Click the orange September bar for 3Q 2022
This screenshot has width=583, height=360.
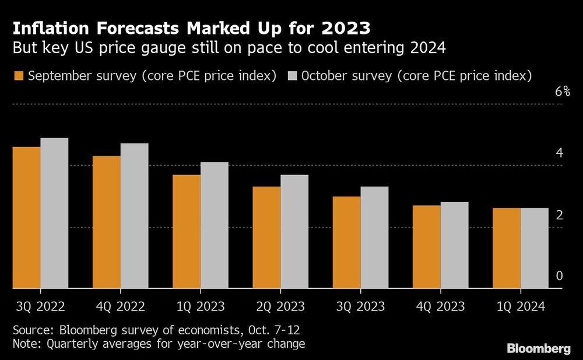point(26,217)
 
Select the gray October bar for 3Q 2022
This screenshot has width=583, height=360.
point(54,213)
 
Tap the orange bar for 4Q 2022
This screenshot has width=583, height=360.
point(107,222)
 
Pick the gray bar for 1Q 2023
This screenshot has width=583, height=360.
point(215,225)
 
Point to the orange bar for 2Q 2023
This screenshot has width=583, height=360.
point(266,237)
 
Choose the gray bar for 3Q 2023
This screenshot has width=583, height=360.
point(374,237)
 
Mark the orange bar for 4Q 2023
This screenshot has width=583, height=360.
point(426,247)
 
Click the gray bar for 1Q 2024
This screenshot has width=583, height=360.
point(534,248)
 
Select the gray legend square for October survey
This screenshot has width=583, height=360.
point(293,76)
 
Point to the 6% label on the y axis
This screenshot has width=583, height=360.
point(562,92)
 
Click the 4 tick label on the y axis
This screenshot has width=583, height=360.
point(559,153)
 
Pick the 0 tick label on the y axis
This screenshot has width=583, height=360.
point(559,276)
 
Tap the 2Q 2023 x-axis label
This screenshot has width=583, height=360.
point(280,306)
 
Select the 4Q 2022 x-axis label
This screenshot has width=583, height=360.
point(120,306)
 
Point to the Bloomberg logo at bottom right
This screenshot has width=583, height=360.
point(539,349)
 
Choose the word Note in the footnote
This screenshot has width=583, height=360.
point(26,344)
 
